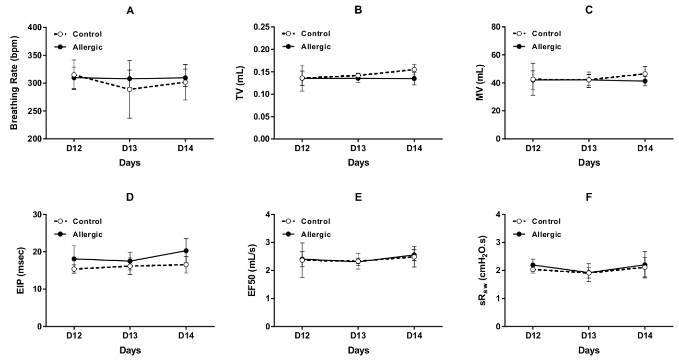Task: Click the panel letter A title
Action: point(130,10)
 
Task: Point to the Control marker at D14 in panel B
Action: point(414,69)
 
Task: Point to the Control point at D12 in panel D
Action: point(74,269)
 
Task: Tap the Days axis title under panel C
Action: point(589,162)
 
